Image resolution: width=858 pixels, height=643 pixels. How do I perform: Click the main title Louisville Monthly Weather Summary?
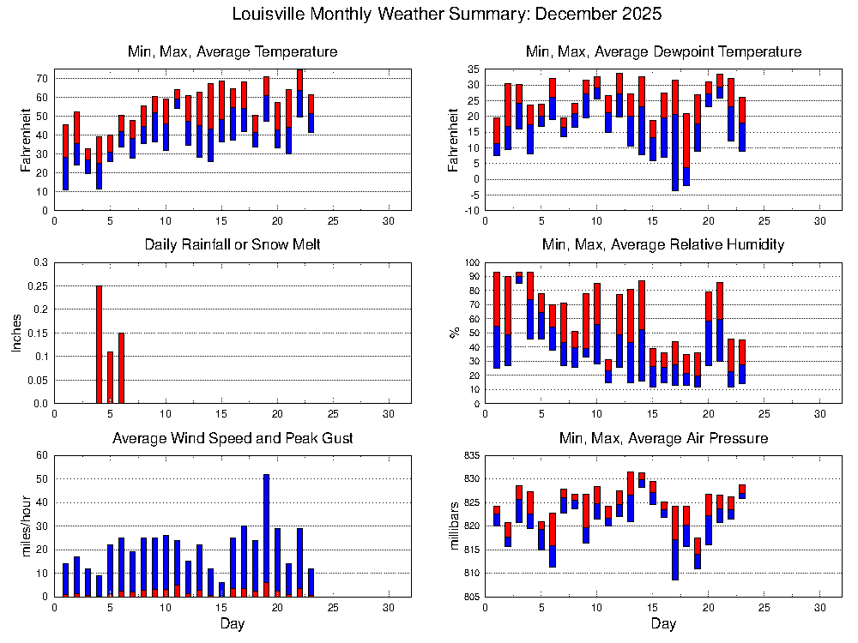[447, 15]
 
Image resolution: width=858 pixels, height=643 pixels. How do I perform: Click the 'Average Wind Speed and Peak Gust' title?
[233, 439]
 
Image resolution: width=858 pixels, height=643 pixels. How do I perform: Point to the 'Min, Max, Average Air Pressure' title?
[663, 439]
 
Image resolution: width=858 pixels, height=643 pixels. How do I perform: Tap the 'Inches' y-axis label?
[16, 333]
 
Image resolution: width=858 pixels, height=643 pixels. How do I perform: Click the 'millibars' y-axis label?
[454, 526]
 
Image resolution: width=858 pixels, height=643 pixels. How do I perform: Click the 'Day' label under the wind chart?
[232, 624]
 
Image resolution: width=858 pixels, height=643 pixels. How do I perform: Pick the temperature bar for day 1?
[65, 157]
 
